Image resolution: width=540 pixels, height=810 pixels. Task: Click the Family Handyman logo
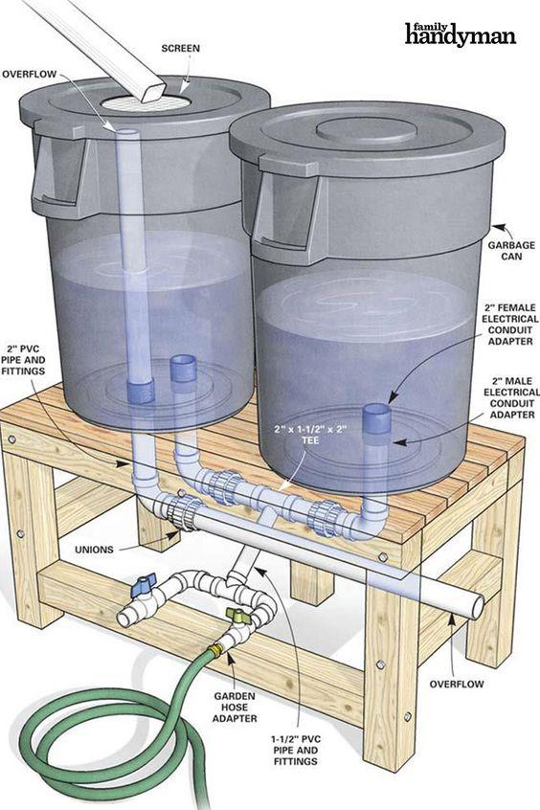460,34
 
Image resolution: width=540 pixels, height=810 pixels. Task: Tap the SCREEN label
180,49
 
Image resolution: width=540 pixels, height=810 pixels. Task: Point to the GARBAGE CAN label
505,251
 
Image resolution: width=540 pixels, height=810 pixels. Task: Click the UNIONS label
94,550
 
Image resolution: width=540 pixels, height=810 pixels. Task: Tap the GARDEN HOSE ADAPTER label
235,708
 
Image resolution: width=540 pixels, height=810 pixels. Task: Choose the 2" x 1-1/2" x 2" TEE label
310,435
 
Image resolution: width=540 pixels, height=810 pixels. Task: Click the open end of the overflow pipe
477,607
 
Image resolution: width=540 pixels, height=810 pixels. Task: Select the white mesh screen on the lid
146,102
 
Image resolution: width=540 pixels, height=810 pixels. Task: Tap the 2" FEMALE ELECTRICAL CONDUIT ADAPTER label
510,325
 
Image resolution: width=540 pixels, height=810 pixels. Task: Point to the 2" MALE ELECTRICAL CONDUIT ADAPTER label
511,397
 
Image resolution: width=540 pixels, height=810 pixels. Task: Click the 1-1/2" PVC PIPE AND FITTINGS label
296,750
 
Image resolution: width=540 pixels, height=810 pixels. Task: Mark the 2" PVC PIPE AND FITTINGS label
23,360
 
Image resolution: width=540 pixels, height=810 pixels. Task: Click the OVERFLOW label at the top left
29,74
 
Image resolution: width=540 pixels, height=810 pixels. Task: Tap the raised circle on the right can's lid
366,130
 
